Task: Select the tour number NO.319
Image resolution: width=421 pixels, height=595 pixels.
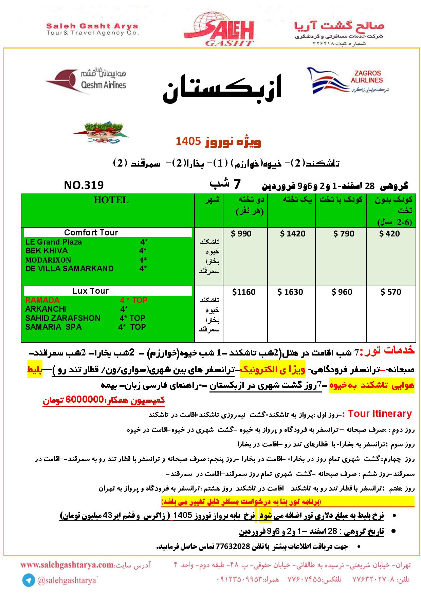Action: click(84, 185)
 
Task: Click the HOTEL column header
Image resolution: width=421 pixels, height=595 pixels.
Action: click(111, 200)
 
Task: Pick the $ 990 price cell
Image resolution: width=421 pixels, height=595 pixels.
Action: click(241, 234)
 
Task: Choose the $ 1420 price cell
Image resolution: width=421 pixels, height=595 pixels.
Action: click(292, 234)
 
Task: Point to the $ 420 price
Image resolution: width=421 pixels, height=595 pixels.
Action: click(389, 234)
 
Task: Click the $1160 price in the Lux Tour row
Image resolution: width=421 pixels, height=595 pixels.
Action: click(244, 292)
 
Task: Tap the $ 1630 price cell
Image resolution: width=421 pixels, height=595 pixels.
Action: click(290, 292)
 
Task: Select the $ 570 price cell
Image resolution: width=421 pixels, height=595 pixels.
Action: click(390, 292)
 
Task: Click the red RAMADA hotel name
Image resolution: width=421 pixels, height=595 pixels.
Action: click(42, 300)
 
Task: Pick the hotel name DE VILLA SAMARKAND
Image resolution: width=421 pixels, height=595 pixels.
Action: click(69, 269)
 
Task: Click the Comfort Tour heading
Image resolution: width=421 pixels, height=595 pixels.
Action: click(91, 233)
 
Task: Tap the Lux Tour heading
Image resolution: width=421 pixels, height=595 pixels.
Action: click(90, 291)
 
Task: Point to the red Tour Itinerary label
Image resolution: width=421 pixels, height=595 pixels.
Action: click(380, 414)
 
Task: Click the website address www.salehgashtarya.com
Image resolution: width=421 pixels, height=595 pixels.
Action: click(67, 565)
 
